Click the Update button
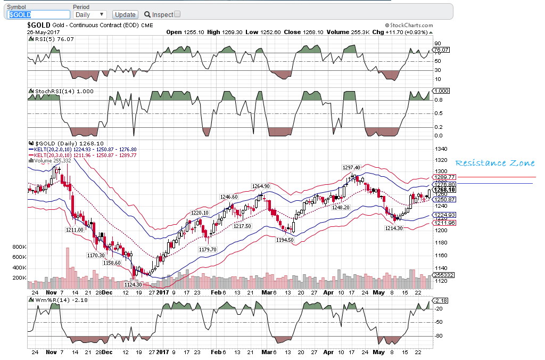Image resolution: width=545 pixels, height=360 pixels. click(x=126, y=14)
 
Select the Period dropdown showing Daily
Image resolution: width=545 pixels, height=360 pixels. click(x=89, y=14)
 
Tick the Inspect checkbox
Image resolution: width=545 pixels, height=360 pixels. click(x=177, y=14)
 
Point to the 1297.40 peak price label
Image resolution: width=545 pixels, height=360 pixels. click(x=351, y=167)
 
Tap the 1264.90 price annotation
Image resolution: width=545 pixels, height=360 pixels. click(x=261, y=186)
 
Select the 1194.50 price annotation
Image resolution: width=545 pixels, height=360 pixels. click(x=285, y=240)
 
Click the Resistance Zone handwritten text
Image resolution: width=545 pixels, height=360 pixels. click(x=494, y=163)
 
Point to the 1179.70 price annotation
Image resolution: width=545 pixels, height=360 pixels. click(x=207, y=249)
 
